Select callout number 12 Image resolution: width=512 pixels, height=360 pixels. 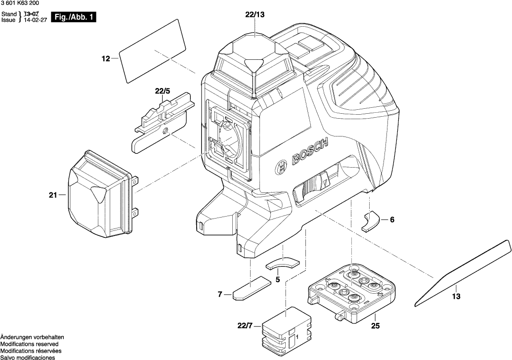tap(105, 59)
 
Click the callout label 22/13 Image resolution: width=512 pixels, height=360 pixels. tap(255, 15)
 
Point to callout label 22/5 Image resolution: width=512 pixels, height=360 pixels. tap(162, 91)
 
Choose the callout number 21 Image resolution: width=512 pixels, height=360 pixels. tap(53, 195)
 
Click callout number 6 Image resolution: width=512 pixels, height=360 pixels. tap(392, 220)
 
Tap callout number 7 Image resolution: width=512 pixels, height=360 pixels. tap(220, 295)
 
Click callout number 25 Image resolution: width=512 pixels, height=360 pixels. tap(376, 326)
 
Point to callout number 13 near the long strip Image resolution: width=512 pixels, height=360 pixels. tap(456, 296)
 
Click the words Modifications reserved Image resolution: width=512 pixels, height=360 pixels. tap(30, 344)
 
